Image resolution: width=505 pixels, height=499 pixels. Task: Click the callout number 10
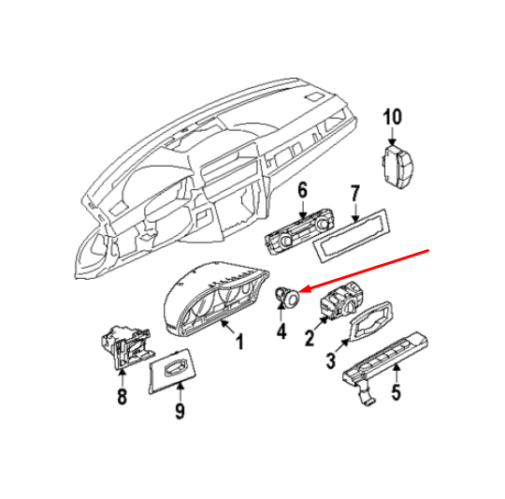(392, 117)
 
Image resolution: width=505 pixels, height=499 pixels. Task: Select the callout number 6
(302, 190)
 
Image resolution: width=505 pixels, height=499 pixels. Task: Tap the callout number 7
(354, 194)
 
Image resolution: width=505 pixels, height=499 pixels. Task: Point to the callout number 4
(281, 331)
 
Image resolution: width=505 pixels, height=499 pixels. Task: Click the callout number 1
(239, 342)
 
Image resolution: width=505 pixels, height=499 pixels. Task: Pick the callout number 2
(310, 338)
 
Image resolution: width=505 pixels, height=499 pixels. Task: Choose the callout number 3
(331, 360)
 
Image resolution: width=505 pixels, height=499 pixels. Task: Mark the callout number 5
(396, 392)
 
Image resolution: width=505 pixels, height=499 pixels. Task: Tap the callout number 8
(122, 397)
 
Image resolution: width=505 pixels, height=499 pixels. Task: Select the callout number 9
(180, 411)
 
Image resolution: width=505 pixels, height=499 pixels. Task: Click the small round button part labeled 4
(287, 296)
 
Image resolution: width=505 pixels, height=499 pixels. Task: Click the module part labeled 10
(396, 167)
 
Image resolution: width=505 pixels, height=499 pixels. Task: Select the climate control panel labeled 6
(299, 232)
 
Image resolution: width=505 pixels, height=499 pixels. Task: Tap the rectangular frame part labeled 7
(351, 236)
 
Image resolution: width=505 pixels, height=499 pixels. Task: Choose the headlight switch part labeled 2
(341, 301)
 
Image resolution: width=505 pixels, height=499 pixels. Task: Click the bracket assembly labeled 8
(125, 346)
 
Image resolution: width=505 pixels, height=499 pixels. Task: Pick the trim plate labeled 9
(172, 371)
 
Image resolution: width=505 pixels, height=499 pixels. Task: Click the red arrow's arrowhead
(304, 289)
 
